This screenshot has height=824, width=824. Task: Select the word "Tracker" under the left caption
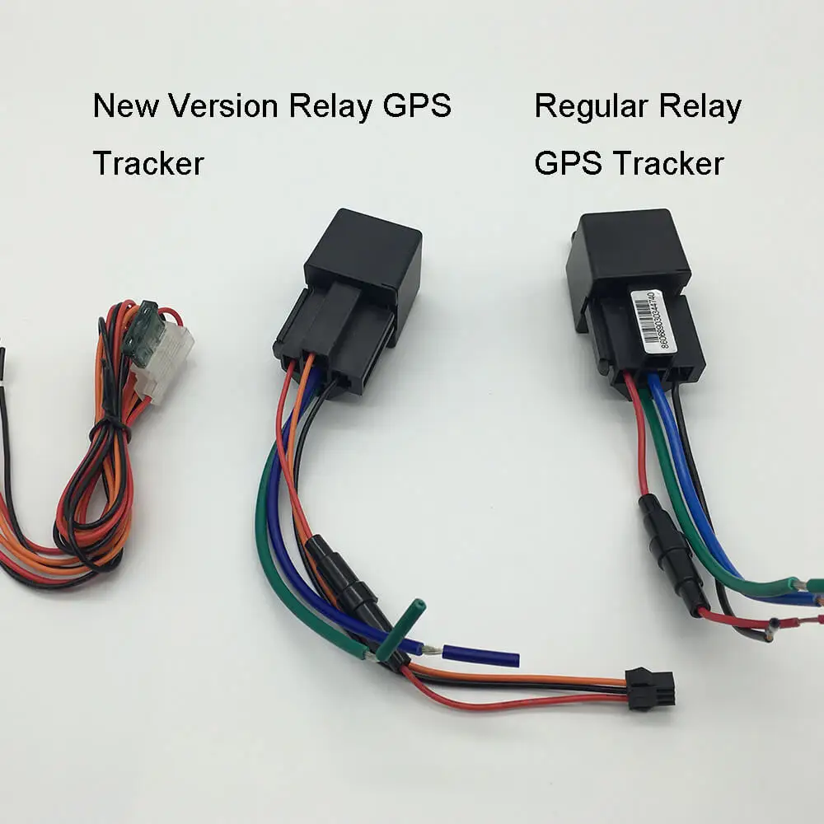click(147, 163)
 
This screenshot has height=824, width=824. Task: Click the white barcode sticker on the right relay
click(652, 320)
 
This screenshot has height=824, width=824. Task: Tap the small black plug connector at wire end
click(650, 688)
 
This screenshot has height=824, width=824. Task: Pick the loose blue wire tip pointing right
click(481, 657)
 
